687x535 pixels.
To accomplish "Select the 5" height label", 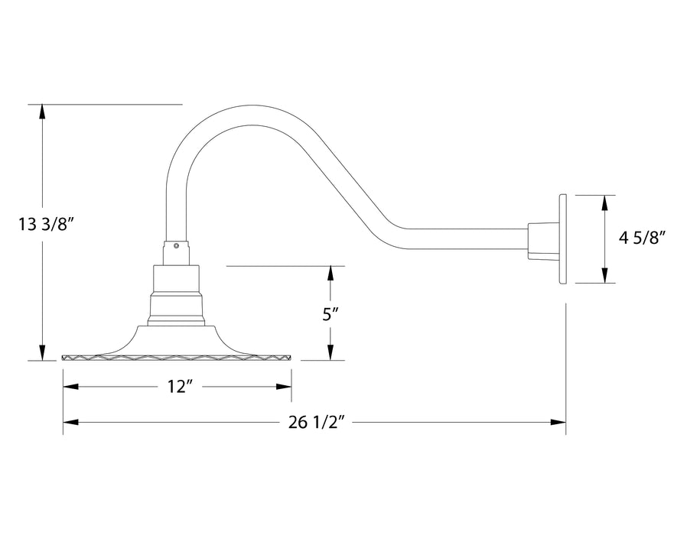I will tap(330, 313).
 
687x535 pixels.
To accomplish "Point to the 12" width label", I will tap(177, 387).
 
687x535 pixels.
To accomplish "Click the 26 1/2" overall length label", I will tap(314, 422).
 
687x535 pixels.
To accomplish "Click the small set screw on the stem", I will tap(177, 246).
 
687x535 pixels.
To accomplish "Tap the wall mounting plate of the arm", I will tap(563, 238).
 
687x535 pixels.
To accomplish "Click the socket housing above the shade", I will tap(177, 294).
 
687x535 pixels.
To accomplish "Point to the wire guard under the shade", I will tap(177, 358).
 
